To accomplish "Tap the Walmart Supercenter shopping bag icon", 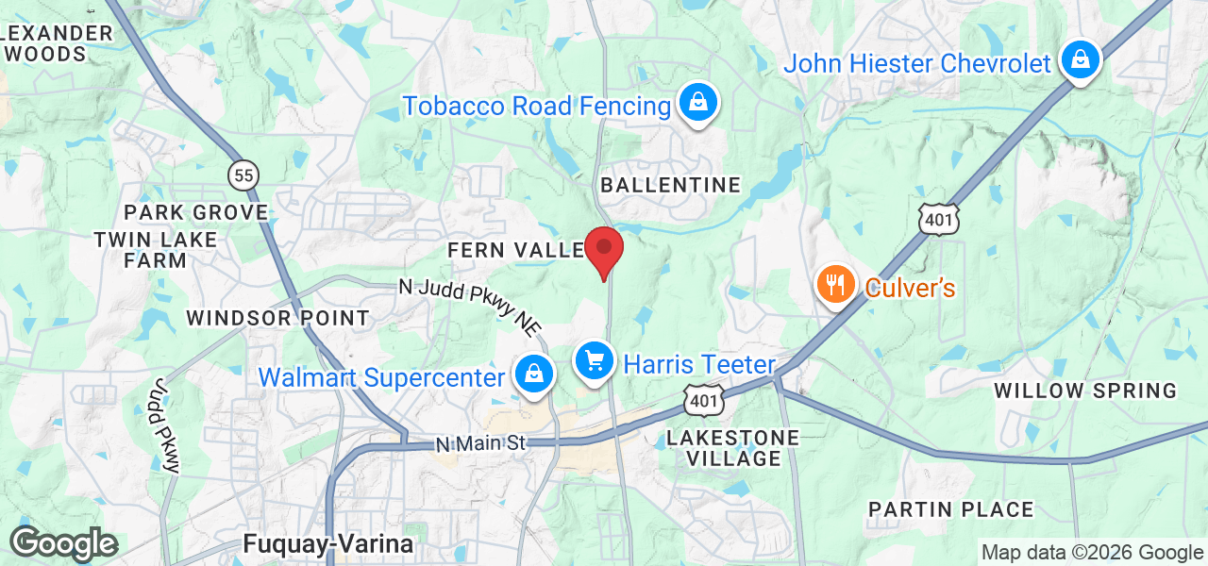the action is point(534,375).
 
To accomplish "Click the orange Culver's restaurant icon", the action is point(835,284).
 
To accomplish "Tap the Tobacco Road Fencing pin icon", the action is point(698,103).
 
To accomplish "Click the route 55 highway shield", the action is point(243,174).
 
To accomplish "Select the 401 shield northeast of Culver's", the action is point(941,218).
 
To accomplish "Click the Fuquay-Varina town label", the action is point(327,544).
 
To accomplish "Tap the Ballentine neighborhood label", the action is point(671,185).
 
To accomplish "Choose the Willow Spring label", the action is point(1085,391).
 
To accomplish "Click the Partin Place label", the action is point(950,510).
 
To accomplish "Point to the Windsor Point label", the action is point(277,318).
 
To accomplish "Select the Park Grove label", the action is point(196,212).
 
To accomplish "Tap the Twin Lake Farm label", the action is point(155,250).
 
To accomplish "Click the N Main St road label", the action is point(479,443).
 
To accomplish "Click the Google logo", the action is point(63,544).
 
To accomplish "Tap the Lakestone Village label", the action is point(733,448).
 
